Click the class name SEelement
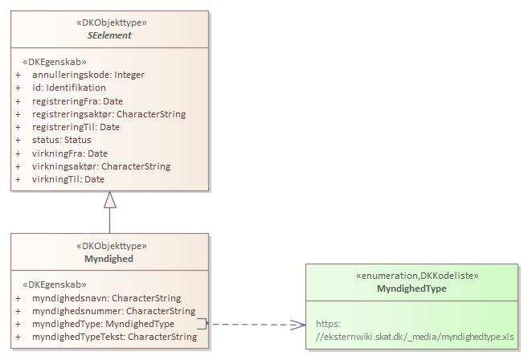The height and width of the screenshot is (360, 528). click(x=109, y=35)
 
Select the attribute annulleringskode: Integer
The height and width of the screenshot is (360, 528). click(x=88, y=75)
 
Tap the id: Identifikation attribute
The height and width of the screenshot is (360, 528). click(x=68, y=88)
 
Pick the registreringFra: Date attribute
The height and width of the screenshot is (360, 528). click(x=77, y=101)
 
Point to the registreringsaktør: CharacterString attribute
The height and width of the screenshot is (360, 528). click(x=108, y=114)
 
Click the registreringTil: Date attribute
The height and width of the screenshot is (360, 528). click(x=76, y=127)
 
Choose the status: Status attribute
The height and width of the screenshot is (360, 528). click(x=61, y=141)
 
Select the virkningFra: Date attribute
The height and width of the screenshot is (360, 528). click(x=69, y=153)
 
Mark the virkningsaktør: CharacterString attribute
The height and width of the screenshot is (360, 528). click(x=100, y=166)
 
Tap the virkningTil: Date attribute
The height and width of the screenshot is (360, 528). click(x=68, y=179)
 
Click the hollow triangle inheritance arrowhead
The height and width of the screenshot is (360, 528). click(x=109, y=201)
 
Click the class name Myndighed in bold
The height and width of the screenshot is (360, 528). click(x=109, y=259)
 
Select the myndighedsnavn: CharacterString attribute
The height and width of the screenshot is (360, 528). click(x=106, y=298)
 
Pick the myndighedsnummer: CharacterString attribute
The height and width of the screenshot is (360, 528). click(x=113, y=311)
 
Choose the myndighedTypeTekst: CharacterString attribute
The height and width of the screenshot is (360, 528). click(x=114, y=337)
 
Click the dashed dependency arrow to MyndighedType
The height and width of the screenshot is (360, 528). click(x=257, y=325)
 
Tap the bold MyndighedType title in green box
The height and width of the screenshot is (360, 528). click(x=411, y=288)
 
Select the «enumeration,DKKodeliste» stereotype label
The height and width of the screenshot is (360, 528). click(x=411, y=276)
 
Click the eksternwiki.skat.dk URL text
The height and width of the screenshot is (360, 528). click(x=415, y=337)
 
